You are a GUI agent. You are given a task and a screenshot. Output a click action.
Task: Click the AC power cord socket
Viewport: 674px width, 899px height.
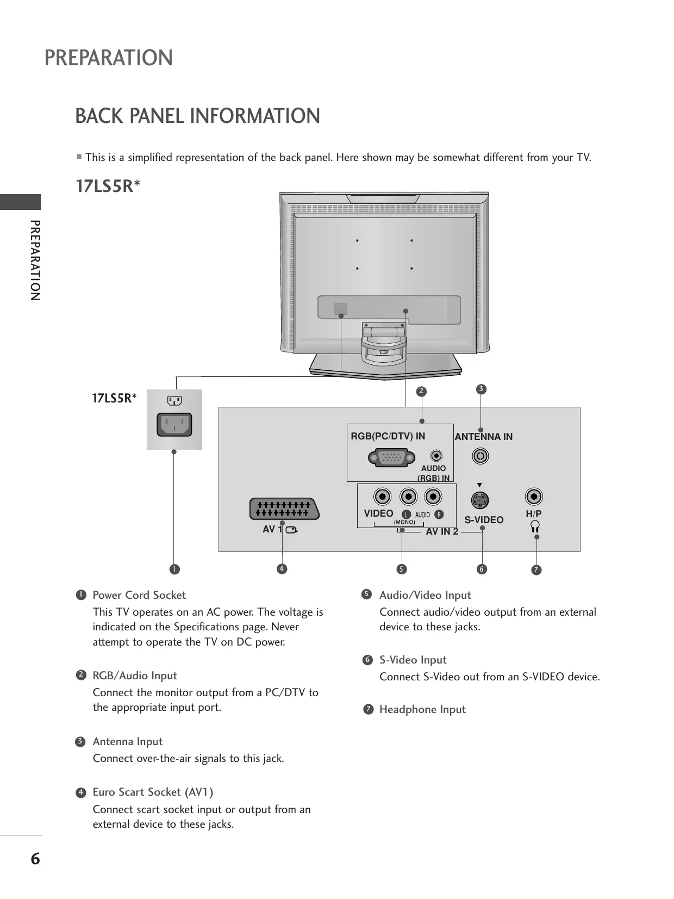[174, 425]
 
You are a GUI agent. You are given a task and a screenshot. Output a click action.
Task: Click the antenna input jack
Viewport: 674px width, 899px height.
[480, 455]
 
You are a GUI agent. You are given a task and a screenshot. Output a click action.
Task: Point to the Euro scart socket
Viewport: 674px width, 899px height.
[284, 509]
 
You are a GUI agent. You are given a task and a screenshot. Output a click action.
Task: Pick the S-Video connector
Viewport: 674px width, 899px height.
[479, 500]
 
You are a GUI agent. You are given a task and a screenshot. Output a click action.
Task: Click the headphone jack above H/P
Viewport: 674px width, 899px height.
[534, 497]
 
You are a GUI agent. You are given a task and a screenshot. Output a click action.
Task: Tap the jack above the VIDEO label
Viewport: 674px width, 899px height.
[383, 497]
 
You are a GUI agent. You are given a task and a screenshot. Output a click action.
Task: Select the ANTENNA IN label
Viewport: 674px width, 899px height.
[483, 437]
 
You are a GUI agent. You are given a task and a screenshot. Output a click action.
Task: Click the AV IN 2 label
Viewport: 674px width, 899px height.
[442, 532]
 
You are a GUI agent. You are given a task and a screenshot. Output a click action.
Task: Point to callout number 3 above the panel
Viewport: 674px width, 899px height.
[480, 389]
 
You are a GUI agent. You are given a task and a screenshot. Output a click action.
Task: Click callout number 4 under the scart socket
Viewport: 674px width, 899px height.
[281, 569]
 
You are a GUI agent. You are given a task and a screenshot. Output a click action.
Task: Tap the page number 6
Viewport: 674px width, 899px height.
[35, 859]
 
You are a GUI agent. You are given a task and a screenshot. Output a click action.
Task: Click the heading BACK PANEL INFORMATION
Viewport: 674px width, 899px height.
[197, 116]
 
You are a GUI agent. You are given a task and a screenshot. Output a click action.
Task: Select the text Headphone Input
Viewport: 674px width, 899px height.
[422, 709]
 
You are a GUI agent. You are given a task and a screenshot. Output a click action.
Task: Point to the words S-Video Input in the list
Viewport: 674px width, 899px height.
[413, 660]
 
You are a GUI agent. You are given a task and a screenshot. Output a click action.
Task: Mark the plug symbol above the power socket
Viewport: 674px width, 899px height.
[174, 401]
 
